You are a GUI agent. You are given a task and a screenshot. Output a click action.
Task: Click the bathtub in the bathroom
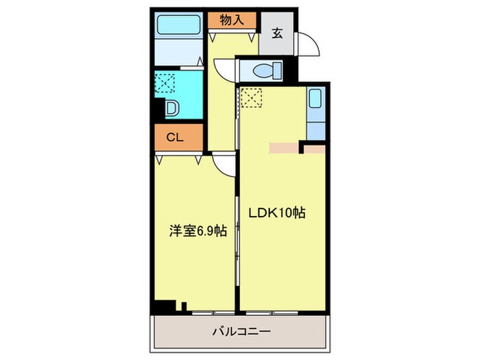tap(177, 27)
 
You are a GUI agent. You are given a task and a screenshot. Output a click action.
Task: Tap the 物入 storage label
tap(232, 21)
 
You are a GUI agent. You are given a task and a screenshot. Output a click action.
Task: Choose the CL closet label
tap(175, 138)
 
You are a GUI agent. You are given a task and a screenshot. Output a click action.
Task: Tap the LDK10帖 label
tap(276, 213)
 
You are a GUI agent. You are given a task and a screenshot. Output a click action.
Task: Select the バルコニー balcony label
tap(239, 332)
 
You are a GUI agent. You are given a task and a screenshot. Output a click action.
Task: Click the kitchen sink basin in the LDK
tap(315, 100)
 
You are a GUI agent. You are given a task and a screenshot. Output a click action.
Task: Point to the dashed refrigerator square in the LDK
tap(250, 98)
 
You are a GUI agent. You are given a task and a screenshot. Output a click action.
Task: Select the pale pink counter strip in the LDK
tap(285, 147)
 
